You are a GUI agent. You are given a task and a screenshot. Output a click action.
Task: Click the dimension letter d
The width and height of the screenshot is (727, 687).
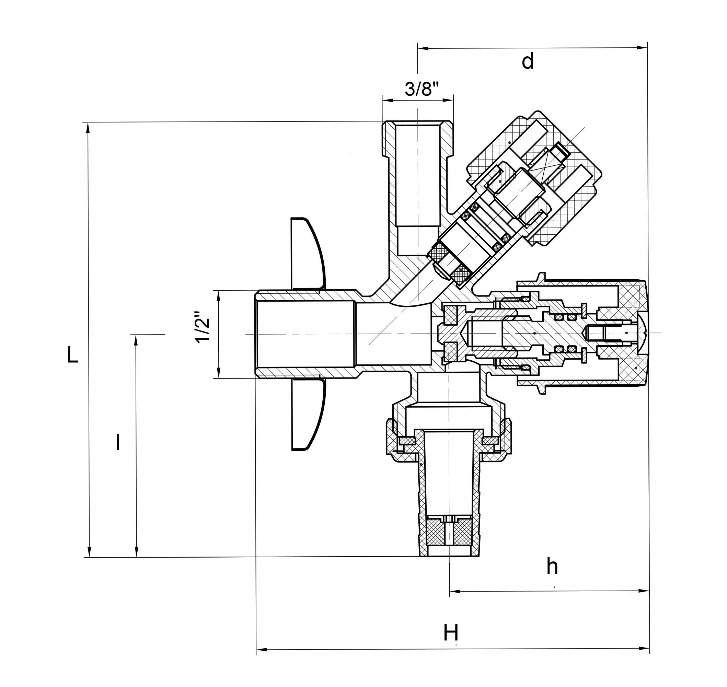[x=527, y=61]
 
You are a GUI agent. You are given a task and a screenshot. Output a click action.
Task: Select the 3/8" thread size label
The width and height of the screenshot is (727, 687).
[x=422, y=89]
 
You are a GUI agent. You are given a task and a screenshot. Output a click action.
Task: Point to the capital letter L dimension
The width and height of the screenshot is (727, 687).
[x=73, y=355]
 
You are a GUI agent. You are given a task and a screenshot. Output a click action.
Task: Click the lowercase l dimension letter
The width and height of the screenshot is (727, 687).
[x=118, y=442]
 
